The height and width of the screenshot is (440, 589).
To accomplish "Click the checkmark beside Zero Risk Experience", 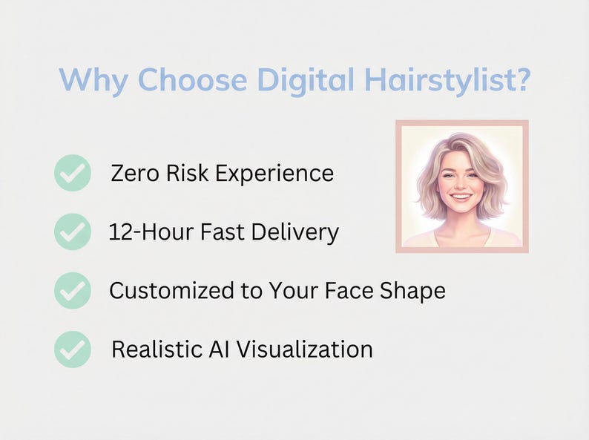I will click(73, 173).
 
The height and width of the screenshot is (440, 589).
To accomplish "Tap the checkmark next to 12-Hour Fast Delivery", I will click(73, 232).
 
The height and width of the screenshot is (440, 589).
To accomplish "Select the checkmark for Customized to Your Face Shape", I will click(73, 290).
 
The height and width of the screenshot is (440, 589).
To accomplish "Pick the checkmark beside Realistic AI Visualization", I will click(73, 349).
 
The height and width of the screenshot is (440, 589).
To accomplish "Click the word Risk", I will click(190, 173).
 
